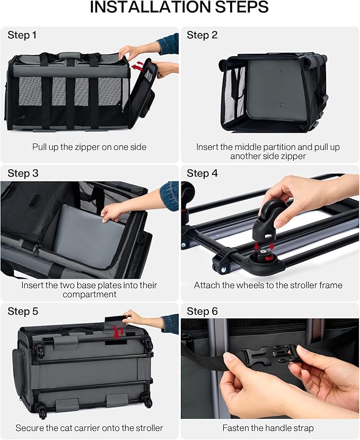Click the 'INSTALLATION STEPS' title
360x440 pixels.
[x=179, y=7]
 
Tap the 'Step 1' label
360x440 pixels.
[x=22, y=35]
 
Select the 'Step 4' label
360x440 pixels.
[x=202, y=173]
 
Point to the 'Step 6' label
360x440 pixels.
[x=202, y=311]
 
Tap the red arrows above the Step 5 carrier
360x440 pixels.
[x=119, y=332]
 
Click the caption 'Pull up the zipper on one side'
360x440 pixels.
[x=89, y=147]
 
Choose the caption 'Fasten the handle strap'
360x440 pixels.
[x=268, y=428]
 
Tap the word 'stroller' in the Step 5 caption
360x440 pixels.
[x=149, y=428]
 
